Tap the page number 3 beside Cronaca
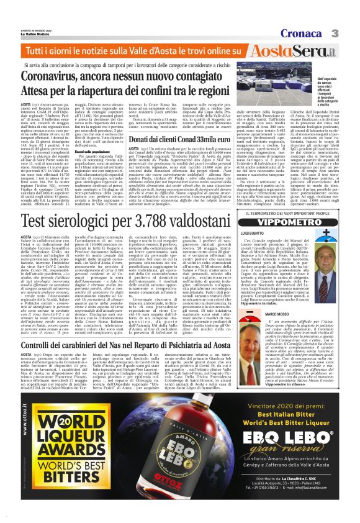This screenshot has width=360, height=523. [x=351, y=15]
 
